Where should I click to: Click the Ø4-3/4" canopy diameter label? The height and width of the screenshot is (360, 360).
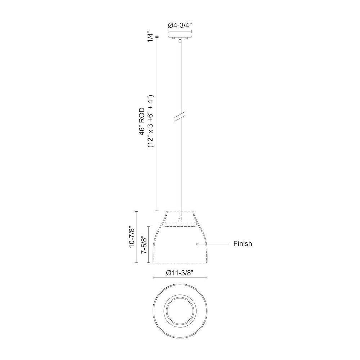point(180,25)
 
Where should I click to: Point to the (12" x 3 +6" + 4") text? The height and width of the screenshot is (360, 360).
point(150,121)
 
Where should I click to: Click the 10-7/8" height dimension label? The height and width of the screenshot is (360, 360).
point(132,237)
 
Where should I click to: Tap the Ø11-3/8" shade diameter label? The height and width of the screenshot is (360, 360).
point(180,273)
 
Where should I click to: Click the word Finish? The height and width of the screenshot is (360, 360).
point(243,244)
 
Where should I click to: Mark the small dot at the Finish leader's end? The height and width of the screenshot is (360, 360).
point(197,244)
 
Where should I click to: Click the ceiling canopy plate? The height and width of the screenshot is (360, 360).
point(180,37)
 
